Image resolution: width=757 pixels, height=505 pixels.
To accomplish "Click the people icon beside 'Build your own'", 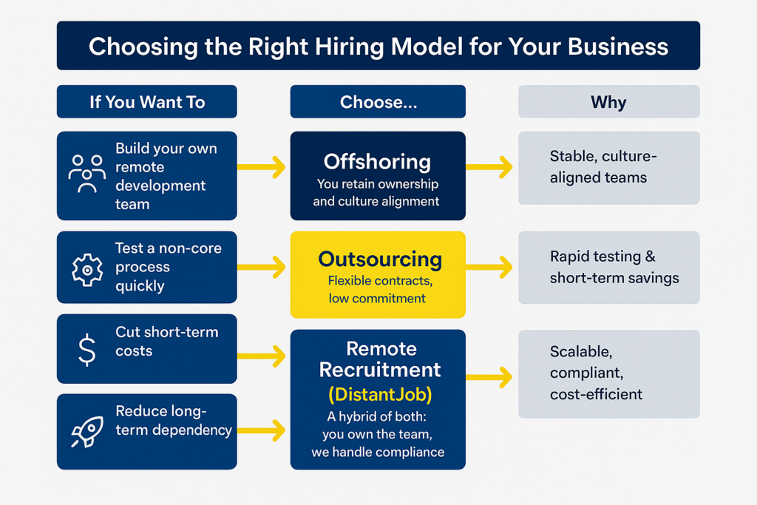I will pos(86,174).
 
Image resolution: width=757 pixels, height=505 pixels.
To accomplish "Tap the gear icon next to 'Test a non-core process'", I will pos(86,271).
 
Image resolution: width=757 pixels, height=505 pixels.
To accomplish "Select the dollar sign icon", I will pos(86,349).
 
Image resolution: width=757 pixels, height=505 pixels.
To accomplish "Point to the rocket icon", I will pos(86,432).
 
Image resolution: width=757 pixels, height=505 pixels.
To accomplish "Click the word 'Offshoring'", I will pos(377,162).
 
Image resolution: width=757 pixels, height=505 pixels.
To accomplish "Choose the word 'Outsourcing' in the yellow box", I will pos(380,260).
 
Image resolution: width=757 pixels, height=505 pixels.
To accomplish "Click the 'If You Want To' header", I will pos(147,102).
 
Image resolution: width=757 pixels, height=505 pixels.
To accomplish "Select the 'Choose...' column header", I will pos(378,102).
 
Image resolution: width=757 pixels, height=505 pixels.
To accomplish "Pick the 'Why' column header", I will pos(608,102).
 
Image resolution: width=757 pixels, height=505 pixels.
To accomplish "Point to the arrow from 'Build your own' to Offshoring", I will pos(262,168).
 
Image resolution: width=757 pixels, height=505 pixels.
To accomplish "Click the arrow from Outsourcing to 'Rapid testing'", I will pos(489,267).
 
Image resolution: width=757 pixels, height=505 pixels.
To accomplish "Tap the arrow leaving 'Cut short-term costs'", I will pos(262,356).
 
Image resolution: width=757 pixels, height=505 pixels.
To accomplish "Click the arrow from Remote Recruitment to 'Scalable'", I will pos(489,377).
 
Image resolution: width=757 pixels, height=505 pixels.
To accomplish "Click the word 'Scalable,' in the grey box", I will pos(581,351).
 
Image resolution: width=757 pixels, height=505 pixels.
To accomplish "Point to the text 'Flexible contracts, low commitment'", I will pos(377,290).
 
